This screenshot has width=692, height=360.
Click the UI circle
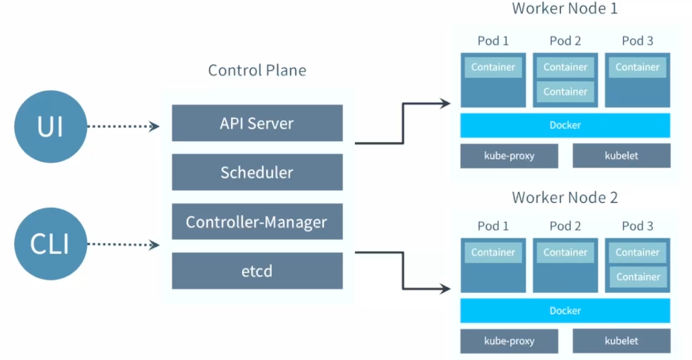click(50, 127)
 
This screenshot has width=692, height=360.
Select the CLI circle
click(50, 244)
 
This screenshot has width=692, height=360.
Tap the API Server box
click(257, 123)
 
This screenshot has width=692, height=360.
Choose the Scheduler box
click(257, 172)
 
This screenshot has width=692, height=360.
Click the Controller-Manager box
click(257, 221)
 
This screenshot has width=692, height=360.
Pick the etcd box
click(257, 271)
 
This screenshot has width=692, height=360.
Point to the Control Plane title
click(257, 70)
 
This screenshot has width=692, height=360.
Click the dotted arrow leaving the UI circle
click(123, 127)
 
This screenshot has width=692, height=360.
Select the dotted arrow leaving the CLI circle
click(123, 244)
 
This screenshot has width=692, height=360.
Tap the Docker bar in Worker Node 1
click(565, 125)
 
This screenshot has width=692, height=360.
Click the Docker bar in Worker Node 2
click(565, 310)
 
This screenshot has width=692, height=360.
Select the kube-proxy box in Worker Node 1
click(509, 156)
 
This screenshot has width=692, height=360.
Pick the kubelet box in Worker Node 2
click(622, 341)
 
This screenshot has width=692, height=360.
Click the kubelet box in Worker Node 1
click(622, 156)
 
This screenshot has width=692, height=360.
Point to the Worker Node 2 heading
click(565, 197)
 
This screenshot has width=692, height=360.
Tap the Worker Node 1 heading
click(565, 8)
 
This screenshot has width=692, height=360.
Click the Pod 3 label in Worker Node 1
click(637, 41)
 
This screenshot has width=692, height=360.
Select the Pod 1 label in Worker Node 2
click(493, 226)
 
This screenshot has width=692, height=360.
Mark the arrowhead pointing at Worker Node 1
click(445, 104)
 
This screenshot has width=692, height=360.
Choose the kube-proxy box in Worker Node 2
click(509, 341)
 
